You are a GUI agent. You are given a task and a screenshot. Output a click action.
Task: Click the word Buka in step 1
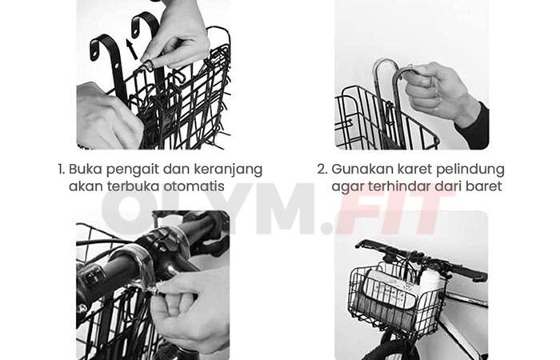[x=86, y=169]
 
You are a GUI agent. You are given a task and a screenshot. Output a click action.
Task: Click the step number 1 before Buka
[x=61, y=169]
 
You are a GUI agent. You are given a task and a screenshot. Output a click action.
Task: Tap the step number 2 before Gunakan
[x=322, y=169]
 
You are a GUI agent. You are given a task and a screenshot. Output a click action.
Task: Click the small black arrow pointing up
[x=132, y=49]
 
